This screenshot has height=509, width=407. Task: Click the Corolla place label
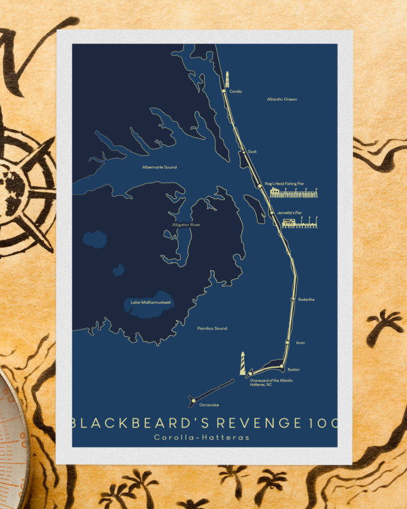point(235,91)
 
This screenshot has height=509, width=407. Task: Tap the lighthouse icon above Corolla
point(227,79)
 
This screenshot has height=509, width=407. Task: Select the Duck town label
point(252,152)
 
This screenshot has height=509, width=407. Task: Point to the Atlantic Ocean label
point(282,100)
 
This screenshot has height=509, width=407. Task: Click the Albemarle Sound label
point(159,167)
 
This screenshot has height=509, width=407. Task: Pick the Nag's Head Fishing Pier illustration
point(293,193)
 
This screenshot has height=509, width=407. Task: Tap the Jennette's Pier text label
point(290,213)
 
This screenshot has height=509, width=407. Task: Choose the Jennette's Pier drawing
point(299,223)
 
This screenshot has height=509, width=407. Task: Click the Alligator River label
point(186,225)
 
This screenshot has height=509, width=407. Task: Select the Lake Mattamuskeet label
point(150,303)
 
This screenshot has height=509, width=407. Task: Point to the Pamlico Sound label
point(212,328)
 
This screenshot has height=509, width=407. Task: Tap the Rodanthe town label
point(306,299)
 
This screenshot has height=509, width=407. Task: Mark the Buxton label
point(293,369)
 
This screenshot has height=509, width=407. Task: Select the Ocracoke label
point(209,405)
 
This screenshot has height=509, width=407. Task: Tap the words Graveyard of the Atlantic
point(271,381)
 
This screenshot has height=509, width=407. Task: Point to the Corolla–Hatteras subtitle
point(201,437)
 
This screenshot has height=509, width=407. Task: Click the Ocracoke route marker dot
point(193,401)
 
